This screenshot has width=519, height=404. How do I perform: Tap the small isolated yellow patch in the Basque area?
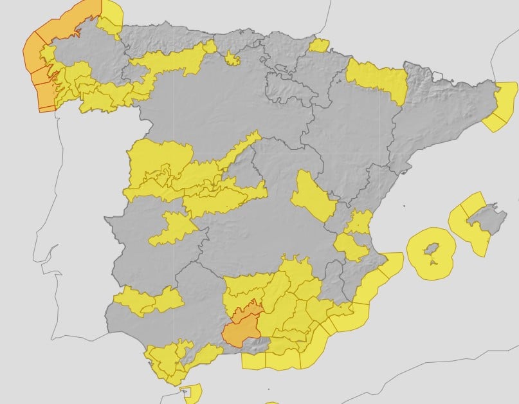318,45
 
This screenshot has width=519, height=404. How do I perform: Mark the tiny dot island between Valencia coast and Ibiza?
405,207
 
